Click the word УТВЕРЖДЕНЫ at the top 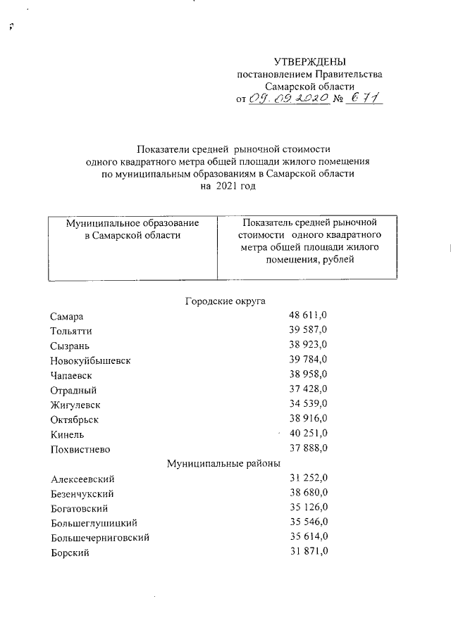coord(310,63)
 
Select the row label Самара coord(67,317)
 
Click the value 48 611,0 coord(308,316)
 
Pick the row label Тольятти coord(71,332)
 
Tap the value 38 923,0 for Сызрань coord(308,346)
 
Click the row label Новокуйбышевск coord(91,361)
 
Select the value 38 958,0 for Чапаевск coord(308,375)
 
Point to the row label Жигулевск coord(75,405)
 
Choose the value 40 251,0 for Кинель coord(308,434)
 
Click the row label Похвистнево coord(80,449)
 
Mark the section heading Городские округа coord(225,301)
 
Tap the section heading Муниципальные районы coord(224,463)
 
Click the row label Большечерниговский coord(100,538)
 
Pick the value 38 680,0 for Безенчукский coord(308,493)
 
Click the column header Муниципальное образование coord(132,222)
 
